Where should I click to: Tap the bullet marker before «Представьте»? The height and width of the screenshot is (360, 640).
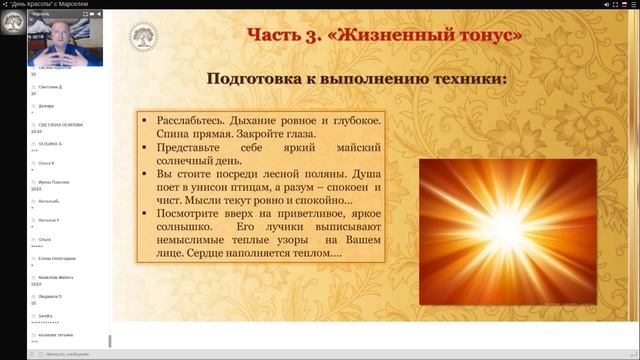point(146,148)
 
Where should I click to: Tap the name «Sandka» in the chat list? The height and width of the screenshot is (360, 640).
point(44,315)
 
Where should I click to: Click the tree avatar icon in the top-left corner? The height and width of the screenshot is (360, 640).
point(13,21)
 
